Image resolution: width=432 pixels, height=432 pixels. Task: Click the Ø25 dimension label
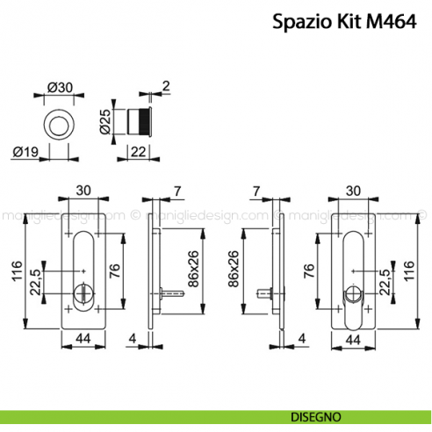(106, 120)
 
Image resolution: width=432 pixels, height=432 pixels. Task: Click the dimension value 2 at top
(166, 85)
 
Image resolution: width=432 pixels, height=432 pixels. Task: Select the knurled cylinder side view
(140, 120)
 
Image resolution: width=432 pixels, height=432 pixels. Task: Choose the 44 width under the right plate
(353, 339)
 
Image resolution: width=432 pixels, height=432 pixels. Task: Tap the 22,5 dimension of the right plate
(385, 284)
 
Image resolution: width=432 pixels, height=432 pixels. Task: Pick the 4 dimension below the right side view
(299, 339)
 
